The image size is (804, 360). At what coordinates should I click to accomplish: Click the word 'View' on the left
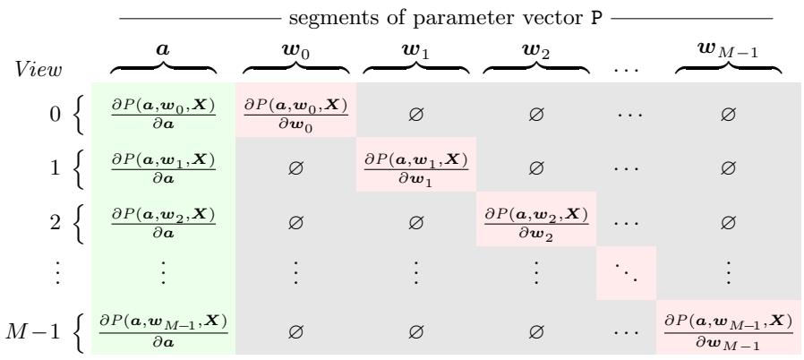click(x=38, y=70)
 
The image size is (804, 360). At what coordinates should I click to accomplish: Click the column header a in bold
click(x=163, y=49)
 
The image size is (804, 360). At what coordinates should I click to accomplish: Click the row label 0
click(x=55, y=114)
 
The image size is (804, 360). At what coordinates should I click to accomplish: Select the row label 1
click(x=55, y=167)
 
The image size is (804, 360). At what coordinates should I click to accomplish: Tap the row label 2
click(x=55, y=223)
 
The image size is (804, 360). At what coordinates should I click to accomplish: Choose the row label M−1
click(x=33, y=332)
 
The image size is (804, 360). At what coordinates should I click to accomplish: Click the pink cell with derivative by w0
click(x=295, y=110)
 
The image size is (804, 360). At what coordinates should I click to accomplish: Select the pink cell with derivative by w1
click(x=416, y=164)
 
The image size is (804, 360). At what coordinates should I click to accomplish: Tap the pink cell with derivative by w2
click(x=536, y=219)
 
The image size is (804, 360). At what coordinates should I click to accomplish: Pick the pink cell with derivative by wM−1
click(x=729, y=327)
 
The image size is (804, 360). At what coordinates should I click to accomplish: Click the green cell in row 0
click(x=163, y=110)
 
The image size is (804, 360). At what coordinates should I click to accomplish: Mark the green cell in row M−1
click(x=163, y=327)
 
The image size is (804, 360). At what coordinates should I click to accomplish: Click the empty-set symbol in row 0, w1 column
click(x=415, y=115)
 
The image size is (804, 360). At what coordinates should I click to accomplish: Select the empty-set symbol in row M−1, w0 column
click(x=295, y=332)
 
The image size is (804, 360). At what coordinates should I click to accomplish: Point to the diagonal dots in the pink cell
click(x=626, y=273)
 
